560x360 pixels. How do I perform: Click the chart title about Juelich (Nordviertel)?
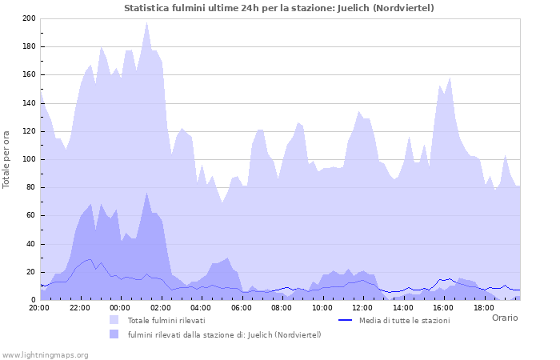[x=279, y=8]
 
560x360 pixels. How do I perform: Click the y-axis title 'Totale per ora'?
[x=7, y=159]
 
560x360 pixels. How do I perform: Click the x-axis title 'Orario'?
[x=504, y=318]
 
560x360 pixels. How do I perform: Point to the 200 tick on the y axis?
[x=29, y=18]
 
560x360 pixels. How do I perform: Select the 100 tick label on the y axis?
[x=29, y=159]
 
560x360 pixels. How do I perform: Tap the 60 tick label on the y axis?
[x=31, y=216]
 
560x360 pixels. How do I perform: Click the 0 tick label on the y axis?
[x=34, y=300]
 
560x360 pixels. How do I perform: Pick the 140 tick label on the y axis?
[x=29, y=103]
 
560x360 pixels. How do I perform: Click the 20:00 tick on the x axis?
[x=39, y=307]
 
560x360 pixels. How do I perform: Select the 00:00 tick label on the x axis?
[x=120, y=307]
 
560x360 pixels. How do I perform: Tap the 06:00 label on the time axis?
[x=242, y=307]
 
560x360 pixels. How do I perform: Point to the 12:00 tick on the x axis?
[x=362, y=307]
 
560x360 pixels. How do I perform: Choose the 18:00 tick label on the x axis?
[x=484, y=307]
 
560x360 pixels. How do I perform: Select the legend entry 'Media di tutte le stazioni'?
[x=404, y=320]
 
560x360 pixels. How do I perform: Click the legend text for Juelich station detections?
[x=224, y=334]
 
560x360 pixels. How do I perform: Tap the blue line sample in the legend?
[x=345, y=320]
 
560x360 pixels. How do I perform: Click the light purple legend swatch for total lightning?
[x=114, y=320]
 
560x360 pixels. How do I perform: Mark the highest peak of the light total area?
[x=146, y=23]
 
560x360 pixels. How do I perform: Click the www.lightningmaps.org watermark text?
[x=45, y=354]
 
